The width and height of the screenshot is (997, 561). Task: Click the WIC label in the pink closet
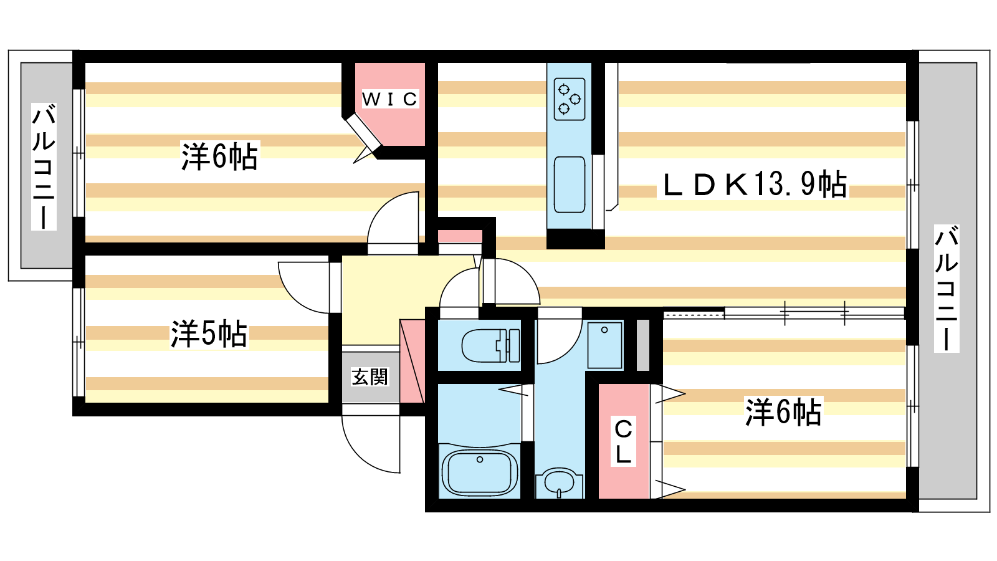(x=390, y=99)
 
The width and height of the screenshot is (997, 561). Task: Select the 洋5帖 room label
(x=209, y=333)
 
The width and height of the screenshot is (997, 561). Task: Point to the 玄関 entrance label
(x=370, y=376)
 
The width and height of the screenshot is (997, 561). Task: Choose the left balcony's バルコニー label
(x=44, y=166)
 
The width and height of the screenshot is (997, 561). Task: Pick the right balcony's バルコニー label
(x=947, y=289)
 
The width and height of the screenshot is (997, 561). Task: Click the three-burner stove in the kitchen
(x=570, y=99)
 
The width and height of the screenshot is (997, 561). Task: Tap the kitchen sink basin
(x=570, y=185)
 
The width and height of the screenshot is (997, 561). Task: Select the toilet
(x=490, y=345)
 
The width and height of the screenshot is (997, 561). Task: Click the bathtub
(x=480, y=471)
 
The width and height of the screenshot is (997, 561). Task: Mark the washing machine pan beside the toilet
(x=604, y=345)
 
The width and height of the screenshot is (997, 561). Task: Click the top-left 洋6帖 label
(x=219, y=156)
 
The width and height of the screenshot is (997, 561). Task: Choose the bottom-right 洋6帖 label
(x=783, y=412)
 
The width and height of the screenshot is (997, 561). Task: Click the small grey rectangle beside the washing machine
(x=642, y=345)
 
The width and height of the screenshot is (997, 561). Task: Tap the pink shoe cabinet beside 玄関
(x=412, y=361)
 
